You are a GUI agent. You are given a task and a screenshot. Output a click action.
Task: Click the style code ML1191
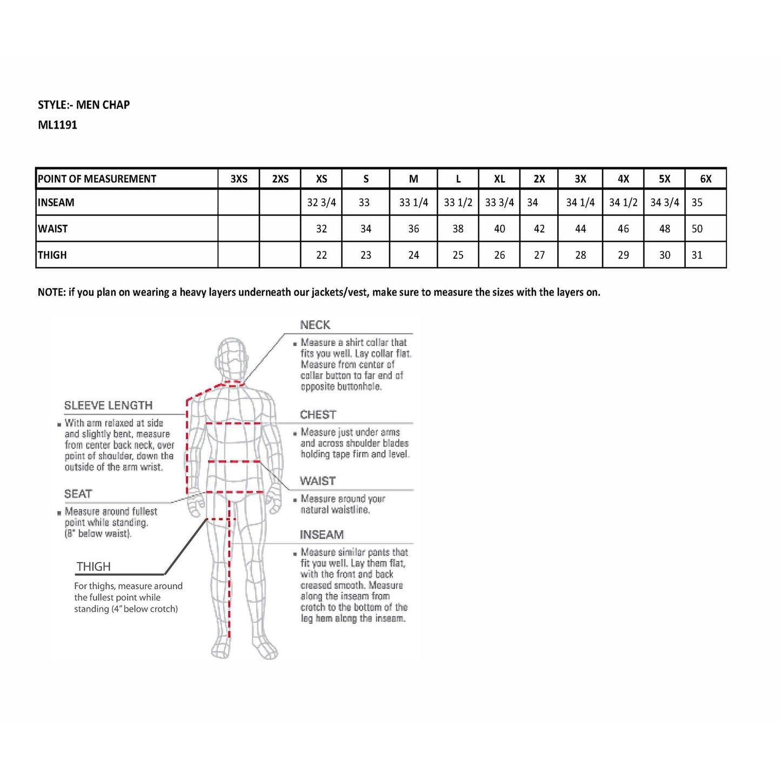point(57,125)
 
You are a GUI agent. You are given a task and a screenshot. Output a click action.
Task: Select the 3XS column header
point(239,179)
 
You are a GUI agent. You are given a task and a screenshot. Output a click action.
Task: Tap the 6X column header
point(705,179)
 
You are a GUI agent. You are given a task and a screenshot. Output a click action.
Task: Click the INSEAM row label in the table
point(56,203)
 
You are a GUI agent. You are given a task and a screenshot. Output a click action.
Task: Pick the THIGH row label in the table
point(52,255)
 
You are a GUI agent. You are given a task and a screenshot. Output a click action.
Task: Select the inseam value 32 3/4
point(321,203)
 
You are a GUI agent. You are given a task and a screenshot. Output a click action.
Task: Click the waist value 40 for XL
point(499,229)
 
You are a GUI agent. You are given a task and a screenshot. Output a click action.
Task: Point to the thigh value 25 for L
point(458,255)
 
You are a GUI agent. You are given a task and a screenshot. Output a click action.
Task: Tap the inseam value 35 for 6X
point(697,203)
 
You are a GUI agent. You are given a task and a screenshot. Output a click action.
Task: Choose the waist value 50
point(697,229)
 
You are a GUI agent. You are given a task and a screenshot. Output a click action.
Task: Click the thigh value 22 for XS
point(321,255)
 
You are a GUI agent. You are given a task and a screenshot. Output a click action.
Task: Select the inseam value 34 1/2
point(623,203)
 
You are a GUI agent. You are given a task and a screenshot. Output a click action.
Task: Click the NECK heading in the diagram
point(315,325)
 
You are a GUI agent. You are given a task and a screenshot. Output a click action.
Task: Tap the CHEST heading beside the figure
point(318,415)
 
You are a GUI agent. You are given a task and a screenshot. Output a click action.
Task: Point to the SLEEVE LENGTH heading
point(108,405)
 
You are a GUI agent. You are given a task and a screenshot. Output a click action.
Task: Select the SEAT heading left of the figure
point(78,493)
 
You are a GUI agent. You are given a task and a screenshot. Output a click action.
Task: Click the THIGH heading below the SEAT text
point(94,566)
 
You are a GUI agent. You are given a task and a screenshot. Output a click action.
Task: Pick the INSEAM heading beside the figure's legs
point(322,535)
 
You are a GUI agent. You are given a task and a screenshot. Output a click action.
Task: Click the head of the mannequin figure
point(232,357)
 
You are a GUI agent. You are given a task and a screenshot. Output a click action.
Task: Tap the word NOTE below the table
point(51,292)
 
